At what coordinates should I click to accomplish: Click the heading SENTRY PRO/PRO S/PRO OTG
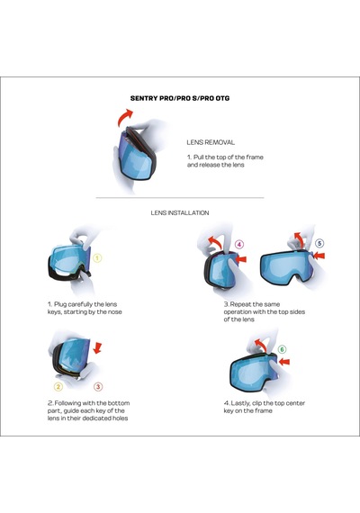pos(180,98)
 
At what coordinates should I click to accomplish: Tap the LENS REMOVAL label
pos(211,142)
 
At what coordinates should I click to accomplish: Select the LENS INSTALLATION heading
pos(180,212)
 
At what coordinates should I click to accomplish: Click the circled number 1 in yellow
pos(97,258)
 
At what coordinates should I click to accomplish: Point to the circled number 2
pos(58,387)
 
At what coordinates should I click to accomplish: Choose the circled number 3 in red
pos(98,387)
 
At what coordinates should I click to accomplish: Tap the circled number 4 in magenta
pos(239,245)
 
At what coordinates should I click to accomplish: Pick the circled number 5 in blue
pos(319,243)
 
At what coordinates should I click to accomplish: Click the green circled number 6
pos(282,350)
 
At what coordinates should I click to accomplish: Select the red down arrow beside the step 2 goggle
pos(97,348)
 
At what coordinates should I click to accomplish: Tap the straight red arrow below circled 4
pos(241,259)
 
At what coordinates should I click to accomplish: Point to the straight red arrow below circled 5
pos(319,256)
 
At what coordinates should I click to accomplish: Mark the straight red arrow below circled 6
pos(284,362)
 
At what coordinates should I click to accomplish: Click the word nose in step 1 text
pos(114,312)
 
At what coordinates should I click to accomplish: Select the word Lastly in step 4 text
pos(240,403)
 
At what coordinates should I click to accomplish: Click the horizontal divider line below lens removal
pos(180,198)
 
